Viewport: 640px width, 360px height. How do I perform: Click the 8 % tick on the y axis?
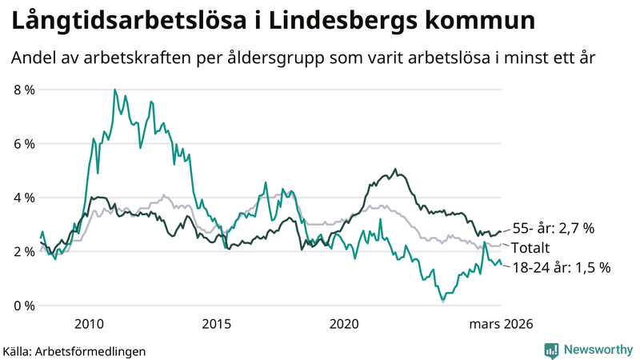click(24, 90)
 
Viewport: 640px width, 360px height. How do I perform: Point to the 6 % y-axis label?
click(24, 144)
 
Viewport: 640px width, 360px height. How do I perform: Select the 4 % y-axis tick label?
click(24, 198)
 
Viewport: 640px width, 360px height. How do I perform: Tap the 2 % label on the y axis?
click(24, 251)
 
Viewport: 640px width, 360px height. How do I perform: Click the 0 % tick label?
click(24, 306)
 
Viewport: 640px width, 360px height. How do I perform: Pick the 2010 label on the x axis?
click(89, 324)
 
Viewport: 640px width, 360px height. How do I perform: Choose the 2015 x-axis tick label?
click(216, 324)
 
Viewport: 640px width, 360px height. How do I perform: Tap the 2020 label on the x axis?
click(344, 324)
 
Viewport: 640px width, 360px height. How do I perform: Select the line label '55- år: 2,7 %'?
click(553, 229)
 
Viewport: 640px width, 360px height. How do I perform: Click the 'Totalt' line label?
click(533, 248)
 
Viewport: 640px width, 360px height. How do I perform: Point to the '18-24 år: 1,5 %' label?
click(561, 268)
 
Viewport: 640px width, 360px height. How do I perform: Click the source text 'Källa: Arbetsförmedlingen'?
click(74, 350)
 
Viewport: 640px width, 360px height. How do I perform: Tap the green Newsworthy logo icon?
click(551, 350)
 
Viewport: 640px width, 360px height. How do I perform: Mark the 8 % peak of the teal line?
click(114, 90)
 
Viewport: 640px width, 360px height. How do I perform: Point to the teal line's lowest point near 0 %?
click(442, 301)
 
